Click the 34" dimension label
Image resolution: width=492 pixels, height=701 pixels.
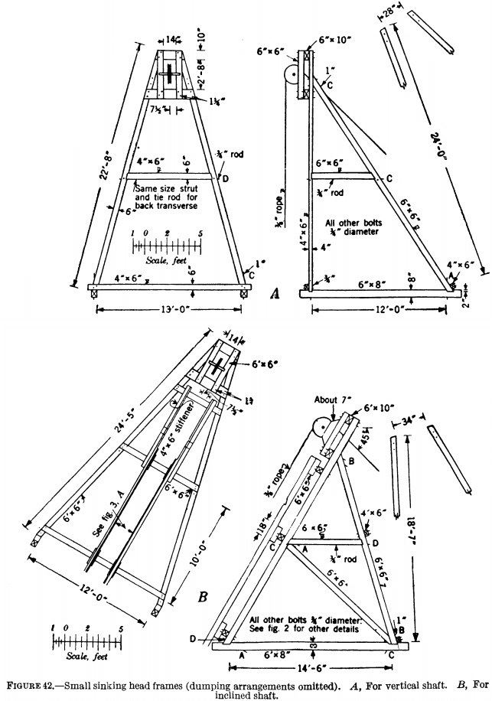410,422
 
